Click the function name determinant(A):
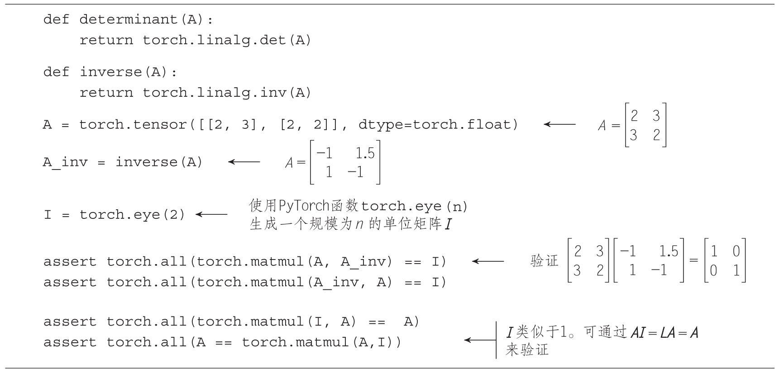[x=146, y=19]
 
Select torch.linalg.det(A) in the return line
[x=227, y=40]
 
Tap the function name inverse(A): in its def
[x=128, y=72]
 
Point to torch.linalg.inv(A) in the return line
[x=227, y=93]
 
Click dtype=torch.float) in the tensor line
[x=438, y=124]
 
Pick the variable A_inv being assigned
[x=65, y=162]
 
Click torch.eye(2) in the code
[x=133, y=214]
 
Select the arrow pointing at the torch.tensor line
[x=559, y=124]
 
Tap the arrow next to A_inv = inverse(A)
[x=244, y=161]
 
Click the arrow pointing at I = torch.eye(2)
[x=211, y=214]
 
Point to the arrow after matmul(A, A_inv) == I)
[x=487, y=261]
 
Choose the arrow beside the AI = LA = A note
[x=480, y=340]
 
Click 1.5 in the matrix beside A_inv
[x=365, y=153]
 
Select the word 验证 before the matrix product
[x=544, y=261]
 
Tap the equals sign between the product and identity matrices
[x=693, y=260]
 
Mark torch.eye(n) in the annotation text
[x=414, y=206]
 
